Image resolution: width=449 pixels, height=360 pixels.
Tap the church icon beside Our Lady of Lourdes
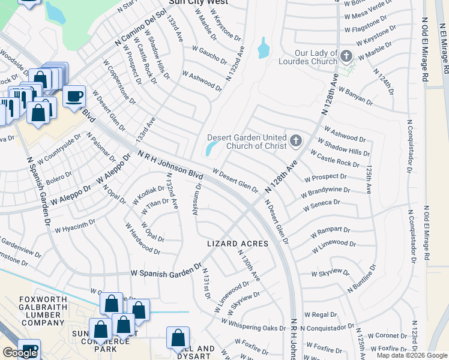346,57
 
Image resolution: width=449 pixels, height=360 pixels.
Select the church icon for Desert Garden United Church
295,141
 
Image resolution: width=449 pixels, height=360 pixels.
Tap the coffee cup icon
74,96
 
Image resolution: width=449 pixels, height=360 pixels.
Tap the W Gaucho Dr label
209,55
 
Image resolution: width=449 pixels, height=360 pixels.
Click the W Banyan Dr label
355,96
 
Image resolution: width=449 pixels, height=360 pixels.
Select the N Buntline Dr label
361,279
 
